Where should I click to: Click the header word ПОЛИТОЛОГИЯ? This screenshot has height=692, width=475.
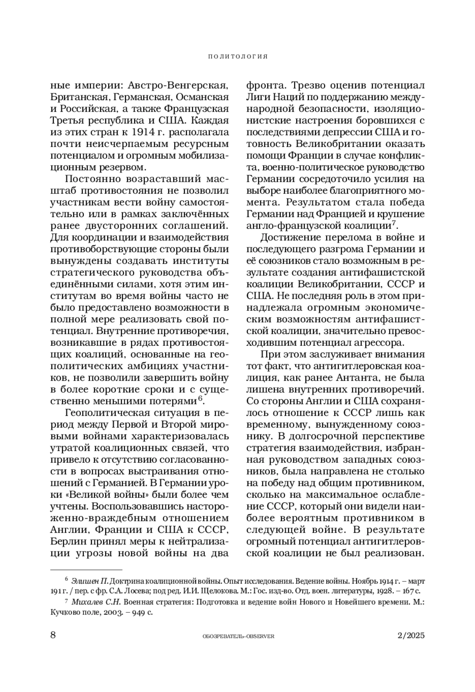point(238,57)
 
